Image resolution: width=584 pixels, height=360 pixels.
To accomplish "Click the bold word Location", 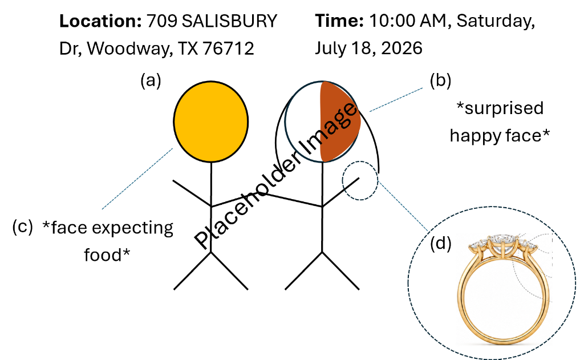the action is [x=100, y=21].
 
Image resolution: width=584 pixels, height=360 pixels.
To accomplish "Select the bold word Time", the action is [x=339, y=21].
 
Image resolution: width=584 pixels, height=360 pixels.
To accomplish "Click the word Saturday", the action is [x=496, y=22].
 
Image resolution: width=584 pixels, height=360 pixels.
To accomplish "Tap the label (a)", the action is [x=151, y=80].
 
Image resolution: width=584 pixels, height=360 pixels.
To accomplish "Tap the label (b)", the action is [x=441, y=80].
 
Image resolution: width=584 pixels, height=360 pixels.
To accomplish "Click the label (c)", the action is [x=23, y=226].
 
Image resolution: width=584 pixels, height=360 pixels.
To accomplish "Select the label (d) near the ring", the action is [x=441, y=244].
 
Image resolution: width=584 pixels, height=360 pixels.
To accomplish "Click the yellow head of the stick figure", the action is [x=211, y=122].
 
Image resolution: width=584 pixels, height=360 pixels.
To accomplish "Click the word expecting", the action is [x=132, y=228].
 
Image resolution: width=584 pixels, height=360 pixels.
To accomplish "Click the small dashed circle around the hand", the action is [x=342, y=181].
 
